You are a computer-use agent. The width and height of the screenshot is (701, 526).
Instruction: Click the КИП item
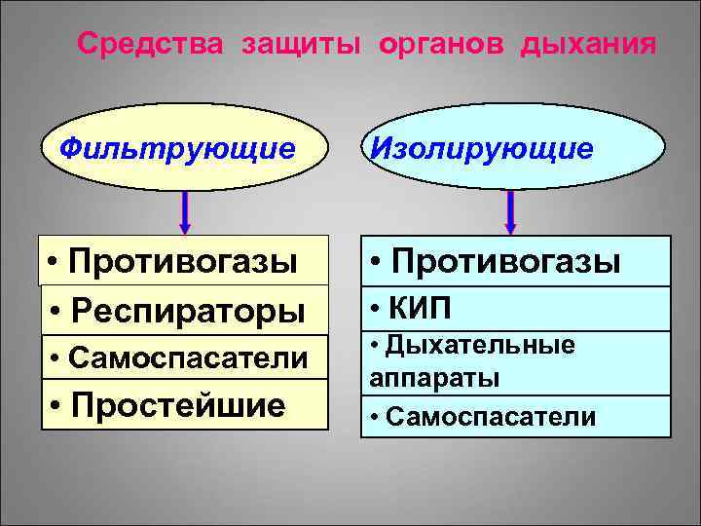[x=423, y=309]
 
